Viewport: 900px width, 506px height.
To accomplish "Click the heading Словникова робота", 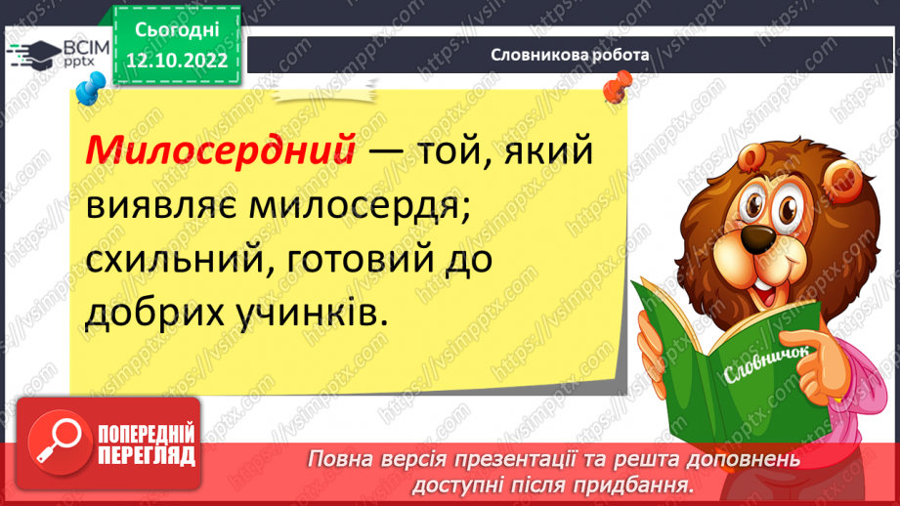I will (x=570, y=56).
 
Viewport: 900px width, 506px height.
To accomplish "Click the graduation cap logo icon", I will (x=36, y=55).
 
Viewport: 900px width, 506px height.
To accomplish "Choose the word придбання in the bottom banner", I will (x=641, y=484).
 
